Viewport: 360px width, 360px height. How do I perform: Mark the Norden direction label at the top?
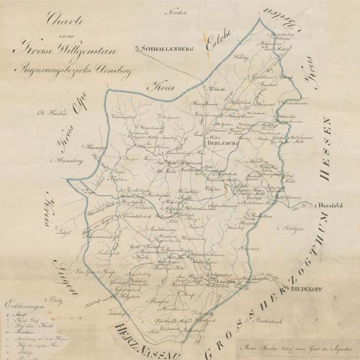172,13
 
